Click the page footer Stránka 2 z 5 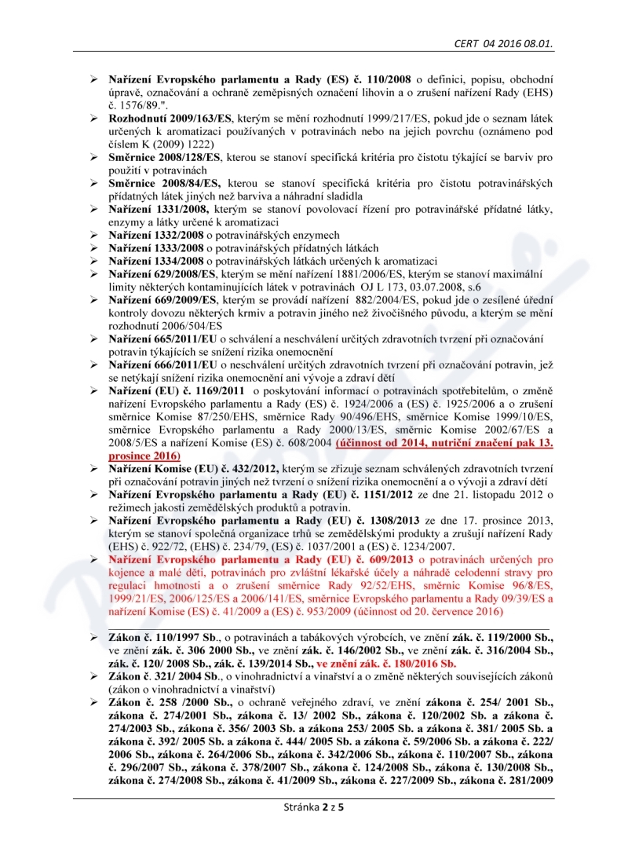click(x=314, y=828)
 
